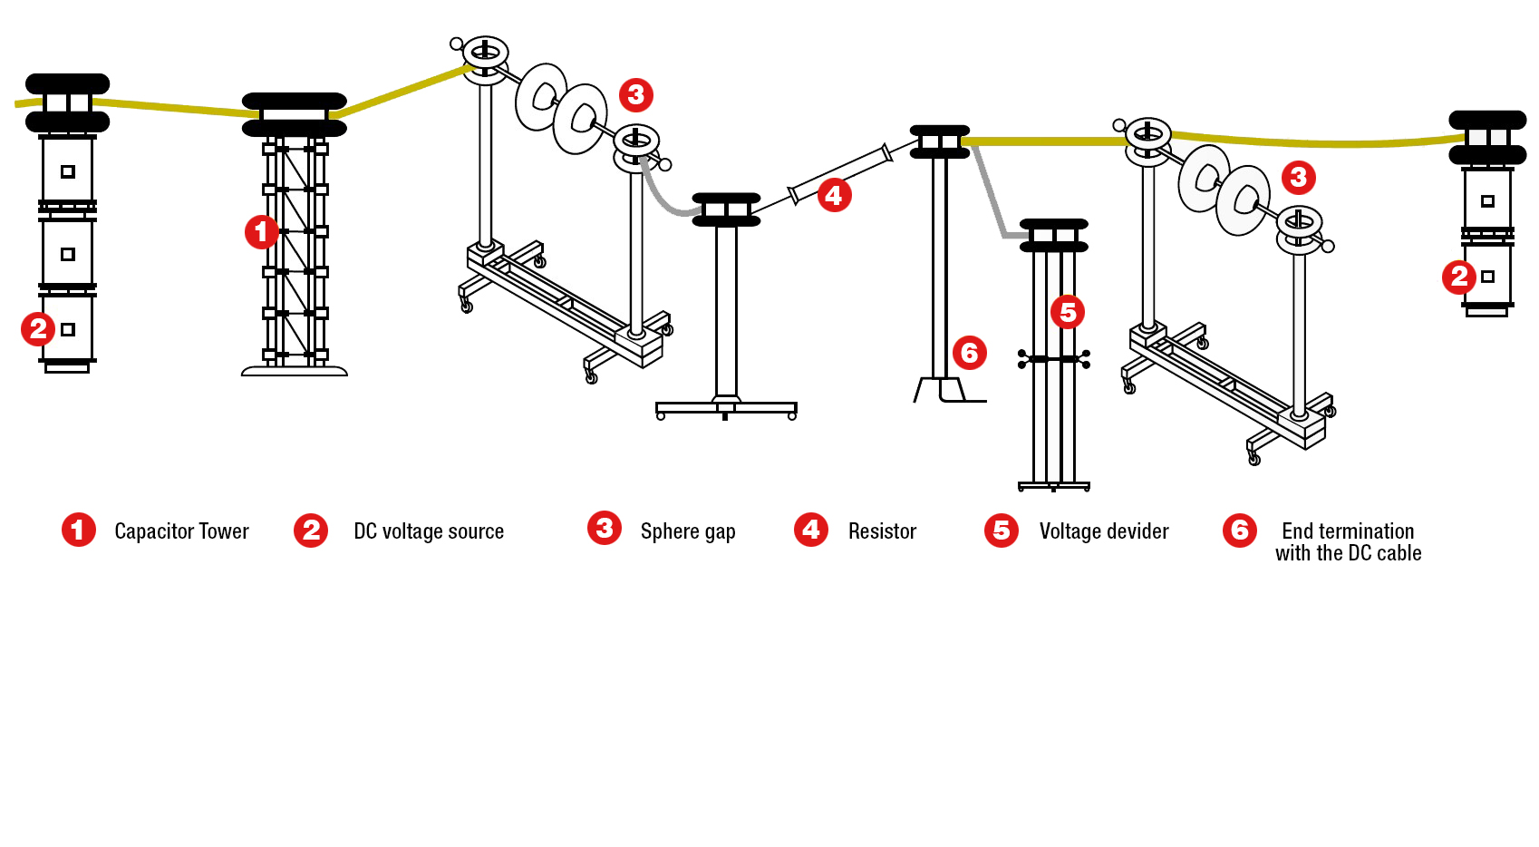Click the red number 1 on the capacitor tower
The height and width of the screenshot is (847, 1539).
pyautogui.click(x=261, y=232)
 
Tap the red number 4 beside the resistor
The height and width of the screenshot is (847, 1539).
pyautogui.click(x=834, y=195)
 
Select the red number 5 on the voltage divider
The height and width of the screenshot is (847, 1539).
pyautogui.click(x=1068, y=312)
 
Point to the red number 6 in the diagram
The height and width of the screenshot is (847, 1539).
pyautogui.click(x=969, y=353)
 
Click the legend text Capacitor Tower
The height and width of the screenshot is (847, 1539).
pyautogui.click(x=181, y=531)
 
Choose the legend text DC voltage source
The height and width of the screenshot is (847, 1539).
pyautogui.click(x=429, y=531)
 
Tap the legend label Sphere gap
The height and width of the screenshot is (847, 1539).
pyautogui.click(x=687, y=531)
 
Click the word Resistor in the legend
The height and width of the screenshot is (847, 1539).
pyautogui.click(x=882, y=531)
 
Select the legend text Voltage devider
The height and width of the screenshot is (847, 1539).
pyautogui.click(x=1103, y=531)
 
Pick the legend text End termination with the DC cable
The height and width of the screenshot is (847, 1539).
pyautogui.click(x=1348, y=542)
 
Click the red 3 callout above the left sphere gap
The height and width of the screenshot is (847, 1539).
pyautogui.click(x=635, y=94)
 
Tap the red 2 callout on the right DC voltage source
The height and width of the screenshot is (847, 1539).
pyautogui.click(x=1458, y=277)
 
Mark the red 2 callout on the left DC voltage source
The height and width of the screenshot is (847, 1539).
pyautogui.click(x=38, y=328)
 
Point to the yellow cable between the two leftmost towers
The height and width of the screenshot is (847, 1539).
pyautogui.click(x=172, y=108)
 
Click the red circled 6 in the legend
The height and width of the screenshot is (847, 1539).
pyautogui.click(x=1239, y=531)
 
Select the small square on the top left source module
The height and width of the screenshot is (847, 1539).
pyautogui.click(x=68, y=171)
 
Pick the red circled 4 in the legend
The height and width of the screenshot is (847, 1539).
pyautogui.click(x=810, y=530)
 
